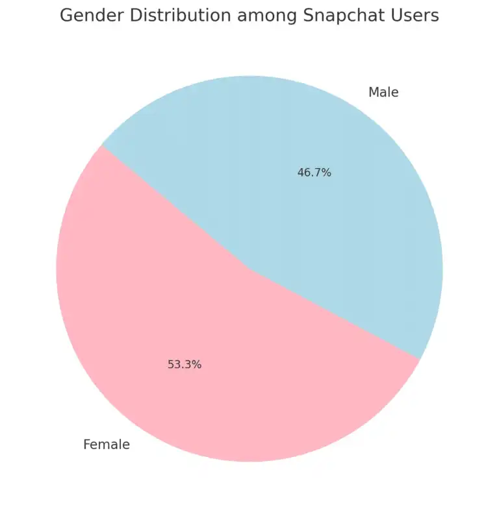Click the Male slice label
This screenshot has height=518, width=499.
[x=383, y=92]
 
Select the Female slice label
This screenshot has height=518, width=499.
[x=107, y=445]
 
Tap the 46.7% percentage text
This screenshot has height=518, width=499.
[x=314, y=173]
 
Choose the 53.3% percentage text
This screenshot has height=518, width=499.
[x=185, y=365]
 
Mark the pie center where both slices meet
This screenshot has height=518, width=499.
[x=249, y=268]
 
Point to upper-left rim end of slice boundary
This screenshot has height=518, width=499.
[x=102, y=145]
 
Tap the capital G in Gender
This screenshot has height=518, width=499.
[x=67, y=16]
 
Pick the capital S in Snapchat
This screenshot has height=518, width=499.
[x=309, y=16]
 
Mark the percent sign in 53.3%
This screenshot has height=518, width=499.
[x=197, y=365]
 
